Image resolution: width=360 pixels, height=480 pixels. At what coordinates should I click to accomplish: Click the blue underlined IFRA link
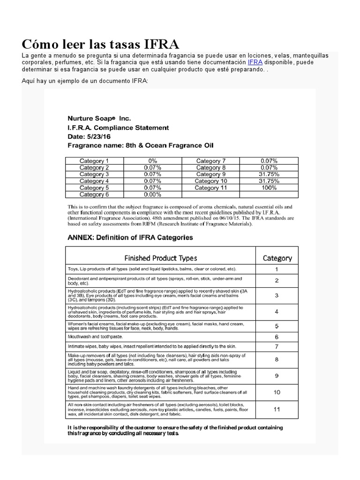click(255, 62)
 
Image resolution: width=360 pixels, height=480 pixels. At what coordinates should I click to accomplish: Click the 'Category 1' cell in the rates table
click(94, 161)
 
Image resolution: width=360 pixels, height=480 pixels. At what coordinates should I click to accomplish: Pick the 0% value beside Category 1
click(152, 161)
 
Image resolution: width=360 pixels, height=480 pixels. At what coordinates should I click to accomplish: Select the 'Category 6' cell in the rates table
click(94, 195)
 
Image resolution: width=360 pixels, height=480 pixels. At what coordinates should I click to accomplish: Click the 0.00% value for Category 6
click(152, 195)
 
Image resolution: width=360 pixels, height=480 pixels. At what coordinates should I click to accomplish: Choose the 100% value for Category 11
click(269, 187)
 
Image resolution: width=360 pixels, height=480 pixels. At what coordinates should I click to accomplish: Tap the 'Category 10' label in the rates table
click(211, 181)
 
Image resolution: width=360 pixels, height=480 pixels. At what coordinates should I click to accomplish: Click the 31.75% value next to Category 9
click(269, 174)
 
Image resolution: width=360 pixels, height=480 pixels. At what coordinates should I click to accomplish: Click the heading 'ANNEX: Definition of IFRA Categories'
click(130, 238)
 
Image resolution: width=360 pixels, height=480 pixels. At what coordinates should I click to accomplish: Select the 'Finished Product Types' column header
click(160, 258)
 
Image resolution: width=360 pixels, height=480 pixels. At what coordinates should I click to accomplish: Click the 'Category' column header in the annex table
click(277, 258)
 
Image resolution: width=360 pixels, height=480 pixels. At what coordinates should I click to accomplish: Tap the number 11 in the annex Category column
click(277, 409)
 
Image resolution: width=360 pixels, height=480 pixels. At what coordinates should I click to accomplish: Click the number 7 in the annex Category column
click(277, 347)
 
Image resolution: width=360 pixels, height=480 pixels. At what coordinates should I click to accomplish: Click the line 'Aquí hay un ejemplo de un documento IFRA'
click(85, 81)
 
